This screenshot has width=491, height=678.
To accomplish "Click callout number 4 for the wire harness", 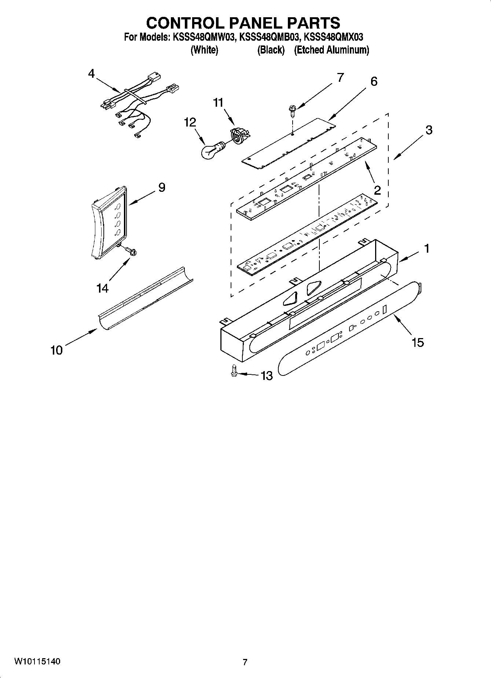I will pyautogui.click(x=91, y=74).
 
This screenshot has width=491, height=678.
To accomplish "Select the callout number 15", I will pyautogui.click(x=417, y=342).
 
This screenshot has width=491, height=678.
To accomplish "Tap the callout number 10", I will pyautogui.click(x=56, y=350).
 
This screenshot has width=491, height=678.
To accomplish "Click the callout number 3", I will pyautogui.click(x=428, y=130).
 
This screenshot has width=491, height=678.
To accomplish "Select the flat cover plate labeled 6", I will pyautogui.click(x=290, y=143).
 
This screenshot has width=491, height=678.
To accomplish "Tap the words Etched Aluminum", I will pyautogui.click(x=331, y=50).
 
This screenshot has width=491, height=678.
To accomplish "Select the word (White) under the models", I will pyautogui.click(x=204, y=50).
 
